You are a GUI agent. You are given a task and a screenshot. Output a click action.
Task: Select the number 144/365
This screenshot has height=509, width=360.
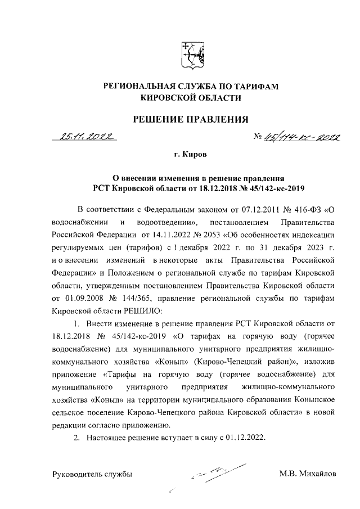[x=136, y=298]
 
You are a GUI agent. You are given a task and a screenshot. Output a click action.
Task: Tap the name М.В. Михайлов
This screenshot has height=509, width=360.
[x=308, y=474]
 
